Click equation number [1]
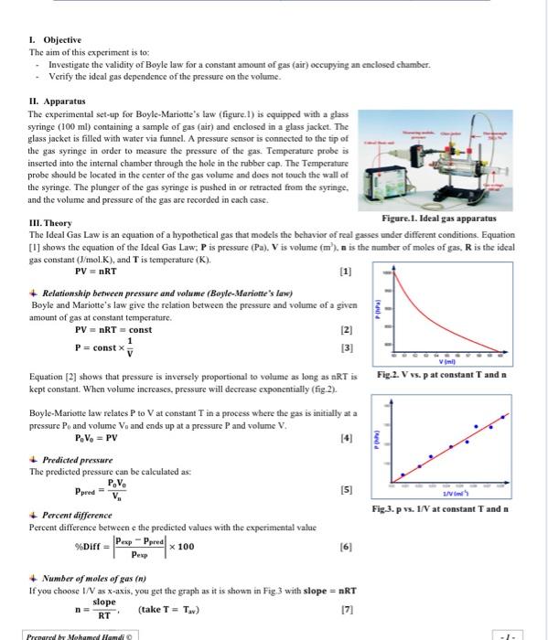coord(345,271)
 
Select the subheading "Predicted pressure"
coord(77,461)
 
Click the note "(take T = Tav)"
coord(169,609)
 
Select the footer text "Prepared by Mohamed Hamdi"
coord(81,634)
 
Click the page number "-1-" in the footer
coord(519,634)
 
